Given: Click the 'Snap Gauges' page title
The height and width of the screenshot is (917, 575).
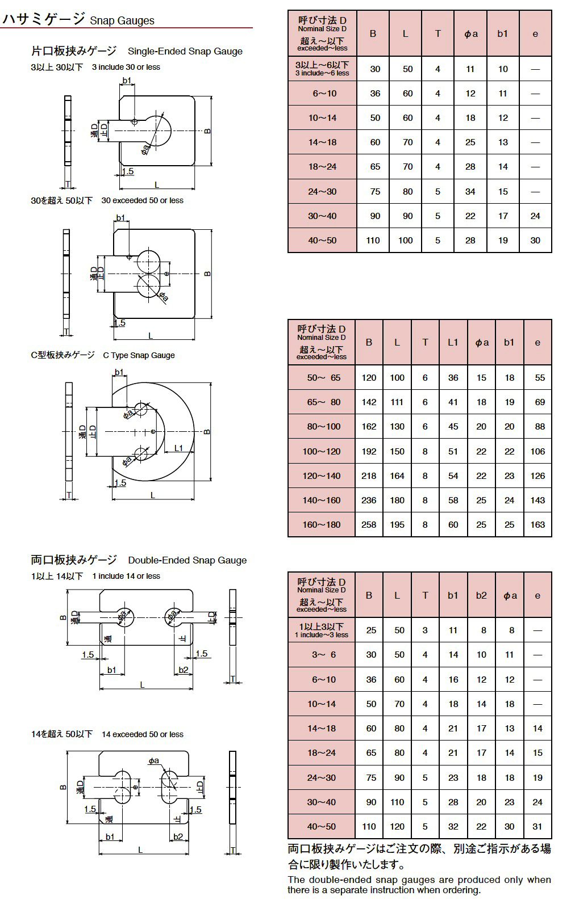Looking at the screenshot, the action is (122, 21).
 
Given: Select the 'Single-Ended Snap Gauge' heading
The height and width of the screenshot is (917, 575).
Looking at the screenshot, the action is (185, 52).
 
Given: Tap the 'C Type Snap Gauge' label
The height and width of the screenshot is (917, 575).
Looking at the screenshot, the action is (139, 355).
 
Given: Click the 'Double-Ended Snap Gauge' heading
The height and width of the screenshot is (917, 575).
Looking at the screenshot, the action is (188, 560).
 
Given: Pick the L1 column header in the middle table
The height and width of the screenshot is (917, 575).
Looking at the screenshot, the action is (453, 342).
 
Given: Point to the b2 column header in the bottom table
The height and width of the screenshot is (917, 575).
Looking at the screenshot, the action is (481, 595).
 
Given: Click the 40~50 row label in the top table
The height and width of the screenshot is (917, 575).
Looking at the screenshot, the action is (322, 240).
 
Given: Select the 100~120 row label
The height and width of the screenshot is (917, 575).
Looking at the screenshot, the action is (322, 451).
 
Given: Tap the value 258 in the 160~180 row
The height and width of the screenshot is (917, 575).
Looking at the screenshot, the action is (369, 524).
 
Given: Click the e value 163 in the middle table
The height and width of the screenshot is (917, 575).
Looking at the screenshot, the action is (537, 524).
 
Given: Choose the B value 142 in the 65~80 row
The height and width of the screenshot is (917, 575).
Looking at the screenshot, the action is (369, 402).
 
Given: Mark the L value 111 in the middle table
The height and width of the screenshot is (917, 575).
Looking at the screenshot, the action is (397, 402).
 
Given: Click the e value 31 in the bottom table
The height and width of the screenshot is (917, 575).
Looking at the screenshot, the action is (537, 826).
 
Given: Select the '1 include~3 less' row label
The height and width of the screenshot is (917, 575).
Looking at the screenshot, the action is (322, 635).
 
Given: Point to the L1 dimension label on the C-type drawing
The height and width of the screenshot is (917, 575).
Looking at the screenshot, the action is (178, 448).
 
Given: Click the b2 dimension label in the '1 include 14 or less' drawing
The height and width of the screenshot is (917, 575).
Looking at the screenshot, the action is (183, 670).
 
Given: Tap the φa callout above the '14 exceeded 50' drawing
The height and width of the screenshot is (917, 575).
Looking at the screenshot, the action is (153, 760).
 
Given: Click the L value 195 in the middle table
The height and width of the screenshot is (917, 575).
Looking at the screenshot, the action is (397, 524).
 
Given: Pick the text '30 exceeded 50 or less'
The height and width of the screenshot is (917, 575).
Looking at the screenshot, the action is (142, 201).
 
